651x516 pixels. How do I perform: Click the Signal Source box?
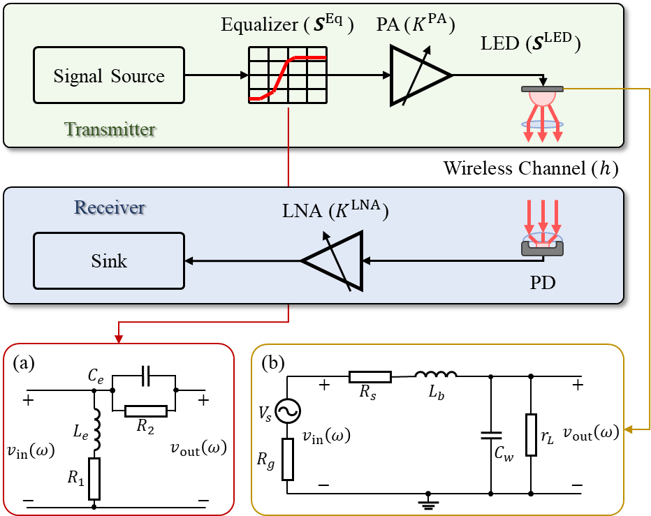click(x=109, y=75)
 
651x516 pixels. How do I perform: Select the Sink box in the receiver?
click(x=109, y=261)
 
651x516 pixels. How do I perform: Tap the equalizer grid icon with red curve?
click(x=288, y=75)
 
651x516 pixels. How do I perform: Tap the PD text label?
click(x=543, y=284)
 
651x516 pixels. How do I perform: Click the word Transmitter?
click(x=110, y=129)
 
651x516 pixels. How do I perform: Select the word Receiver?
click(x=110, y=207)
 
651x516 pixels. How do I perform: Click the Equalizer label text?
click(x=287, y=26)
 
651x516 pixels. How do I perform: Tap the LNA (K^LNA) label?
click(x=335, y=210)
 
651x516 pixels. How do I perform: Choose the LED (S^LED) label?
click(x=531, y=43)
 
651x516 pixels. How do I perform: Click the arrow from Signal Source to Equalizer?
click(x=217, y=75)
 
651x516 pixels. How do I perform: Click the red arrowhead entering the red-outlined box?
click(x=119, y=339)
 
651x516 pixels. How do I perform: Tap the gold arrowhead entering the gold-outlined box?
click(x=629, y=429)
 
